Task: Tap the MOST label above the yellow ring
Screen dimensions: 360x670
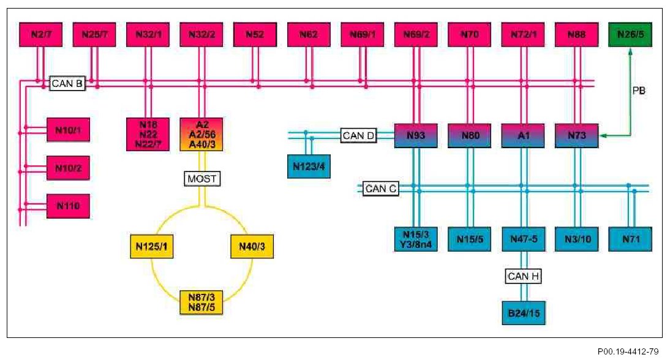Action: (x=201, y=179)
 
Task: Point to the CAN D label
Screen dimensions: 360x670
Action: (x=359, y=136)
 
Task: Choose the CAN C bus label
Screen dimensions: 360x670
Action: (x=380, y=189)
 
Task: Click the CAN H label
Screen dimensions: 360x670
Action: (x=524, y=277)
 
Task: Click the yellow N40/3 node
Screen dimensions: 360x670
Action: (x=251, y=247)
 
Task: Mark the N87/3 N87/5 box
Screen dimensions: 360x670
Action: (x=201, y=302)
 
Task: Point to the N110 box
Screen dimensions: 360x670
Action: (x=69, y=206)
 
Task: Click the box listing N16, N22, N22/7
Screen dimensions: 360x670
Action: (x=148, y=134)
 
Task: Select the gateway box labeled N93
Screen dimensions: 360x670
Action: (x=416, y=136)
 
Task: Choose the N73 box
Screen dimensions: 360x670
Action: (x=576, y=136)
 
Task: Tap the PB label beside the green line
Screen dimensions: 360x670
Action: (x=639, y=90)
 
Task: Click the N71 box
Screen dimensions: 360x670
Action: (x=631, y=239)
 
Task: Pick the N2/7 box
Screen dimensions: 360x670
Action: (x=41, y=35)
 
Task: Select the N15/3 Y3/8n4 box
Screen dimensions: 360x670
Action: (x=416, y=239)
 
